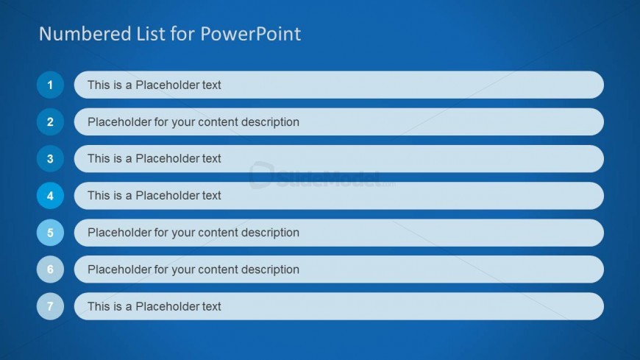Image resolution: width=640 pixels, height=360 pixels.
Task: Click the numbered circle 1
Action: pyautogui.click(x=50, y=85)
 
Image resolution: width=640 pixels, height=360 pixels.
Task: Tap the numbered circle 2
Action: pyautogui.click(x=50, y=121)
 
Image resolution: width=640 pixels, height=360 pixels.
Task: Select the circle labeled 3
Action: pyautogui.click(x=50, y=158)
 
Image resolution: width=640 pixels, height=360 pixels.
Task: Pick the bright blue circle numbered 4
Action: pyautogui.click(x=50, y=196)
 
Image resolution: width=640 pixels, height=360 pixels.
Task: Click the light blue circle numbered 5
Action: pyautogui.click(x=50, y=233)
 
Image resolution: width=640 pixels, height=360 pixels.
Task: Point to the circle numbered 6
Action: pyautogui.click(x=50, y=269)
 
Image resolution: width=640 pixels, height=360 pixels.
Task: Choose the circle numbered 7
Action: pyautogui.click(x=50, y=306)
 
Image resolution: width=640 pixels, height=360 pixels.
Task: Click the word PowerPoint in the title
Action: pyautogui.click(x=251, y=34)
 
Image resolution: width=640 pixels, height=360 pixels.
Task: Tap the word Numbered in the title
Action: pyautogui.click(x=85, y=34)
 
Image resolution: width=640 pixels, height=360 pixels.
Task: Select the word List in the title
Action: pyautogui.click(x=151, y=34)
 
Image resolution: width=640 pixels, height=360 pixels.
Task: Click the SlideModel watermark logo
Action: pyautogui.click(x=321, y=176)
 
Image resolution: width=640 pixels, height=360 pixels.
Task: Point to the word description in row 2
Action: pyautogui.click(x=270, y=121)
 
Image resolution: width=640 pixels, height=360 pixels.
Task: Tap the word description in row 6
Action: pyautogui.click(x=270, y=269)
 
